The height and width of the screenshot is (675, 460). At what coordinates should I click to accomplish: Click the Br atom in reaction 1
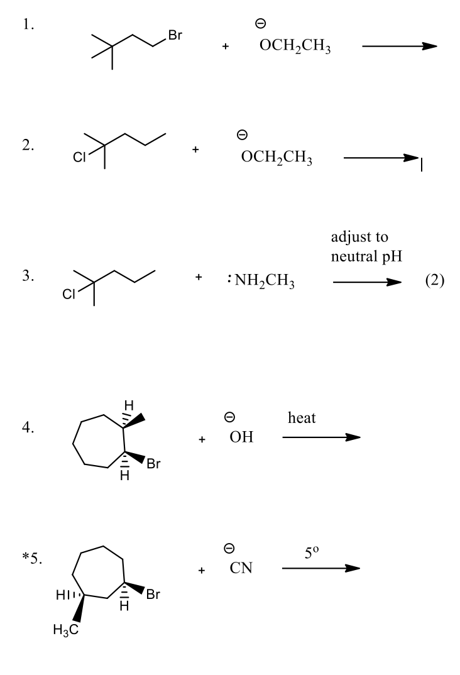tap(172, 37)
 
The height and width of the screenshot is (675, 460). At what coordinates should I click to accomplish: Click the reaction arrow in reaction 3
tap(367, 282)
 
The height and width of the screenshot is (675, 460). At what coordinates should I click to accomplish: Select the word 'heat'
tap(302, 418)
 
